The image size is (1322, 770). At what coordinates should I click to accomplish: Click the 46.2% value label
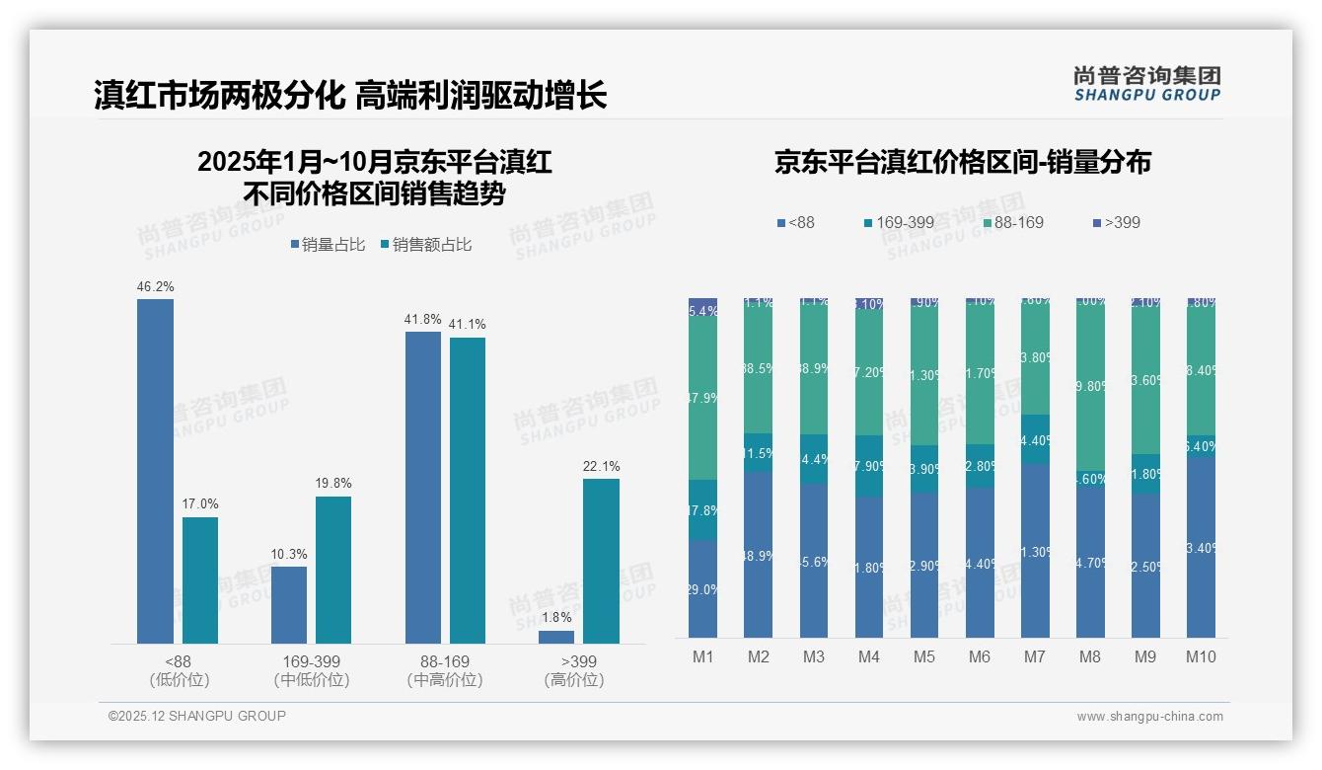tap(155, 287)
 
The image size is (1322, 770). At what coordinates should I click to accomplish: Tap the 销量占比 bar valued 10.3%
tap(289, 604)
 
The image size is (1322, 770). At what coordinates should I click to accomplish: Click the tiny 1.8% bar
tap(556, 637)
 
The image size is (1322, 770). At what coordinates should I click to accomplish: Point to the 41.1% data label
tap(468, 325)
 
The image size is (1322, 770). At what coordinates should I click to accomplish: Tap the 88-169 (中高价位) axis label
tap(444, 670)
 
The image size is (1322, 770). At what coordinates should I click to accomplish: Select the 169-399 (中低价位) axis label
tap(312, 670)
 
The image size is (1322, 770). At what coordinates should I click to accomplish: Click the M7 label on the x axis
tap(1034, 657)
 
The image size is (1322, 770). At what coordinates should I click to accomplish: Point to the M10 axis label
tap(1200, 657)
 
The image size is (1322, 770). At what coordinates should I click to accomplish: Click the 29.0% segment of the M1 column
tap(702, 588)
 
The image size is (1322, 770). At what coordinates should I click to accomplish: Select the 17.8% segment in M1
tap(702, 509)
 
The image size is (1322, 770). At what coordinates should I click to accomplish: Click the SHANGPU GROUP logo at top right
tap(1146, 83)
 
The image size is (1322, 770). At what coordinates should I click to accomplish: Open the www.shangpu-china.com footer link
tap(1149, 717)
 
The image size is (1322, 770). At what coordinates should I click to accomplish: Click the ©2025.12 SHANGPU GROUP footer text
tap(197, 716)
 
